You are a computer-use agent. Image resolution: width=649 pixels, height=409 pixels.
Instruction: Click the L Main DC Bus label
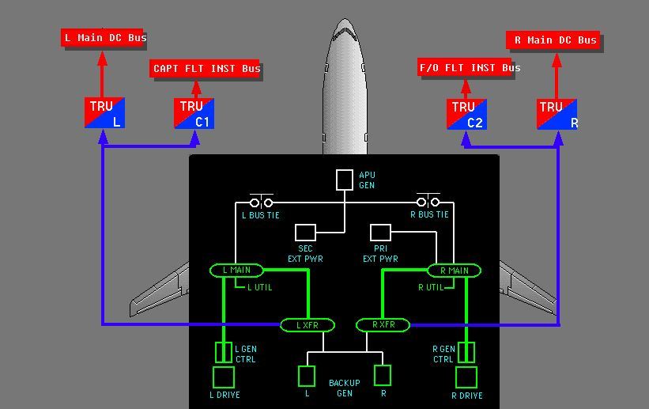click(105, 38)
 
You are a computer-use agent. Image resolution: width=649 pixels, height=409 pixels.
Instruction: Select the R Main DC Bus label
click(554, 40)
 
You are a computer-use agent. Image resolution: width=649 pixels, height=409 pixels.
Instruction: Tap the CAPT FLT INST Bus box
click(206, 69)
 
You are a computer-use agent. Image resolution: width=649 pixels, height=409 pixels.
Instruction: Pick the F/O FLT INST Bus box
click(469, 68)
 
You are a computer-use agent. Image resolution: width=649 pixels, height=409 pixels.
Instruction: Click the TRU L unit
click(104, 113)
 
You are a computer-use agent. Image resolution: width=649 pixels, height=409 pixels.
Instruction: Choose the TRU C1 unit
click(194, 113)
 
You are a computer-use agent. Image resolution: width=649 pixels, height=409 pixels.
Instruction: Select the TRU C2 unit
click(466, 114)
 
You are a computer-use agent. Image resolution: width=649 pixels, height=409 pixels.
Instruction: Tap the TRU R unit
click(557, 114)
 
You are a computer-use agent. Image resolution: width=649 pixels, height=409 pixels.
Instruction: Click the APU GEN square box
click(344, 180)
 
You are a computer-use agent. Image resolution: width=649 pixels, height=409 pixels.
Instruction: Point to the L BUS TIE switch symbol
click(261, 202)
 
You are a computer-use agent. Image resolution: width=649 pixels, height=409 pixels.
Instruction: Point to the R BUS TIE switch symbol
click(428, 202)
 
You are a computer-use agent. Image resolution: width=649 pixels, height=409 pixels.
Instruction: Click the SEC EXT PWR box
click(305, 233)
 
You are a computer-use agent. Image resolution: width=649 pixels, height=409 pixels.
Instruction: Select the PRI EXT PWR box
click(381, 233)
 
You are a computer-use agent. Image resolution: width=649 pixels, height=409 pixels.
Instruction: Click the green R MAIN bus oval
click(454, 271)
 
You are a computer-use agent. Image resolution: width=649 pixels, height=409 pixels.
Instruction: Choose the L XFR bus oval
click(308, 325)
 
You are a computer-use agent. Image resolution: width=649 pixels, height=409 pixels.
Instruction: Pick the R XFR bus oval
click(383, 325)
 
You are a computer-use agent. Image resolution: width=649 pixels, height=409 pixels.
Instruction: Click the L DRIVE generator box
click(224, 377)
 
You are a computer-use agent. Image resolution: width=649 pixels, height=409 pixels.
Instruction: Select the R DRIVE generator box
click(466, 377)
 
